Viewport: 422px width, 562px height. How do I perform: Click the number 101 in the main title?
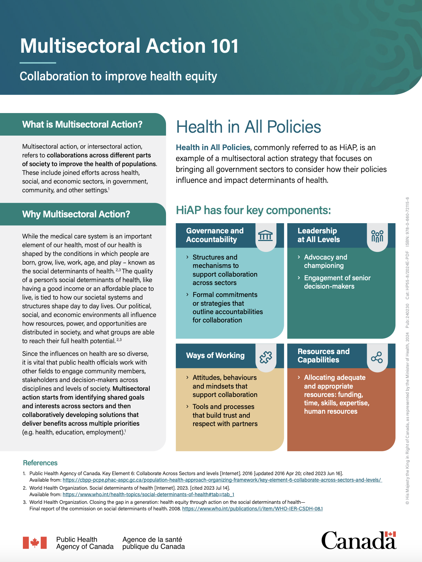(x=220, y=46)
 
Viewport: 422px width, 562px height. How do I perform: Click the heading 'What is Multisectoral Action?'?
(x=82, y=125)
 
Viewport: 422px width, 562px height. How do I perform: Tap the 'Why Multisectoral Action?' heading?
(x=76, y=214)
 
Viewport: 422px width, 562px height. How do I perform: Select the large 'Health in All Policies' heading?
(x=248, y=127)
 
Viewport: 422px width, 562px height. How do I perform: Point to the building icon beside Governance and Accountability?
(x=265, y=236)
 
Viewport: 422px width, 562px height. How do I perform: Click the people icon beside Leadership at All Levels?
(x=377, y=236)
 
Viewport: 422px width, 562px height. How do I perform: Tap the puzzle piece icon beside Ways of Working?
(x=265, y=357)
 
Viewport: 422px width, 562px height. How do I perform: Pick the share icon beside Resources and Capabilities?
(x=377, y=357)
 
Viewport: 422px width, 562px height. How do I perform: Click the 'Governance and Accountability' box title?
(x=215, y=235)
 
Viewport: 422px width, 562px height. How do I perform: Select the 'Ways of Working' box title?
(x=215, y=356)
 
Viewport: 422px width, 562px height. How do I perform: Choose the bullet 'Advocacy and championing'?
(x=325, y=261)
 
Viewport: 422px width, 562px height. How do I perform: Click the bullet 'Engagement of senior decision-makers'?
(x=337, y=282)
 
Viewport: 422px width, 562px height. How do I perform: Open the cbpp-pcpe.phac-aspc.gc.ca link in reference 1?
(x=222, y=480)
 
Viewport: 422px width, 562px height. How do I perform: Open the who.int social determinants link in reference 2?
(x=148, y=494)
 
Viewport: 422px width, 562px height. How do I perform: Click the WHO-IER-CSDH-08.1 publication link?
(x=252, y=509)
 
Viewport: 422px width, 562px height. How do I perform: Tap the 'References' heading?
(x=40, y=463)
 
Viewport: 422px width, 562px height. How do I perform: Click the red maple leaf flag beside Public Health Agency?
(x=35, y=543)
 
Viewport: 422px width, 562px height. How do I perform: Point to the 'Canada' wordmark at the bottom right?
(x=358, y=540)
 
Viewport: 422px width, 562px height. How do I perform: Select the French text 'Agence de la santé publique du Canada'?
(x=153, y=543)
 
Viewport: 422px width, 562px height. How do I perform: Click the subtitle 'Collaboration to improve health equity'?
(x=118, y=76)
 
